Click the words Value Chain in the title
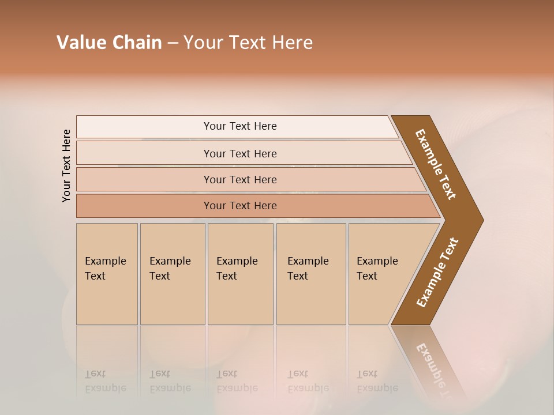(109, 43)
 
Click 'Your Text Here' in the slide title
(248, 43)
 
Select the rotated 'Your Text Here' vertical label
(66, 165)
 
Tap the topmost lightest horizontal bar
(239, 126)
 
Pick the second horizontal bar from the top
(239, 153)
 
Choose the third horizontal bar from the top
(239, 179)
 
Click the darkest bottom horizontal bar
(239, 206)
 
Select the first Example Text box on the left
(107, 274)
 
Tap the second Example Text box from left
(172, 274)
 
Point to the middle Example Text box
(240, 274)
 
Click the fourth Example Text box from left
(310, 274)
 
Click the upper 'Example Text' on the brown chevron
(436, 164)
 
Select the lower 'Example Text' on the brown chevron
(437, 273)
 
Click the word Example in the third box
(237, 261)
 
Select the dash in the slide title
(173, 43)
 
